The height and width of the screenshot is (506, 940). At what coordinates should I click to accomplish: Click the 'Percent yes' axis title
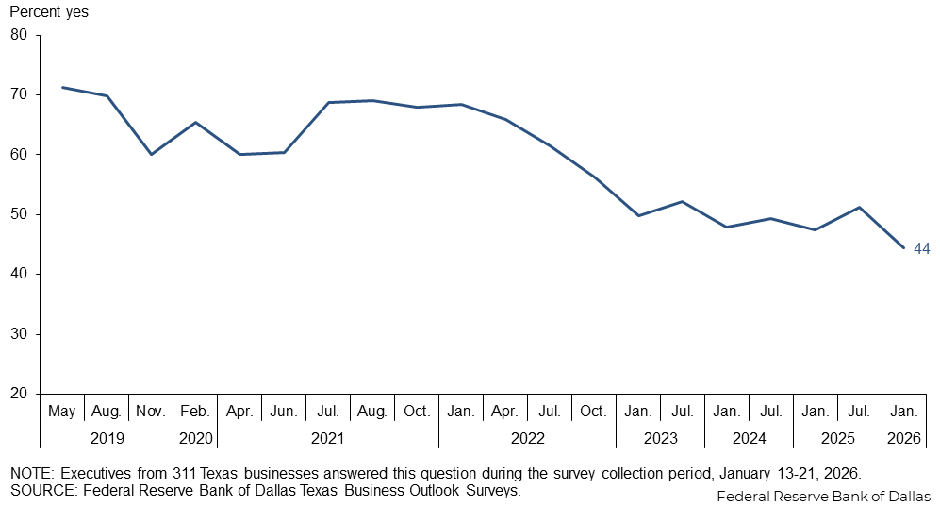(x=49, y=12)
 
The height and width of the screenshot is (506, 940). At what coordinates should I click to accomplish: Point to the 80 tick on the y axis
(x=20, y=35)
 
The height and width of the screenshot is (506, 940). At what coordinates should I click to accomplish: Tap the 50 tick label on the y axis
(x=20, y=214)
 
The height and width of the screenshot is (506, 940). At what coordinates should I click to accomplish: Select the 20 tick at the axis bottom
(x=20, y=394)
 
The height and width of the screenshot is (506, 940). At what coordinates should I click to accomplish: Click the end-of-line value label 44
(x=922, y=249)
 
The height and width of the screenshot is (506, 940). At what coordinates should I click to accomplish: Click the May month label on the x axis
(x=62, y=412)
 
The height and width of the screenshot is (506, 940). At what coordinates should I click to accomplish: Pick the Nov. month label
(x=151, y=412)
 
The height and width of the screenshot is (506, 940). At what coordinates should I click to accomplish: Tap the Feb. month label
(x=195, y=412)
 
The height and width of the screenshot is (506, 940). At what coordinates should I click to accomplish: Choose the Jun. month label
(x=284, y=412)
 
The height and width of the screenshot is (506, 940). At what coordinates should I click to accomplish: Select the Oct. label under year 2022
(x=594, y=412)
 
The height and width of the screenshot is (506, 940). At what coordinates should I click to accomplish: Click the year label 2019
(x=107, y=438)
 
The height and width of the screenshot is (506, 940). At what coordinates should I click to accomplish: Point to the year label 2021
(x=328, y=438)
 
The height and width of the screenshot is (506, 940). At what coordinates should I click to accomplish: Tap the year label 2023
(x=660, y=438)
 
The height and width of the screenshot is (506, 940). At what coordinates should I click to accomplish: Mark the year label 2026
(x=903, y=438)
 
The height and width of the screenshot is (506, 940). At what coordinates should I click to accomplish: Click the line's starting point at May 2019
(x=62, y=87)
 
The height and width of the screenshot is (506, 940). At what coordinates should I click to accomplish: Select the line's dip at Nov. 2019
(x=151, y=154)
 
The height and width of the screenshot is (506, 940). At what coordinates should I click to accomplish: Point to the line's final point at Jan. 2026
(x=903, y=248)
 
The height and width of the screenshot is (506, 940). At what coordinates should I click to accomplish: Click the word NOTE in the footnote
(x=29, y=473)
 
